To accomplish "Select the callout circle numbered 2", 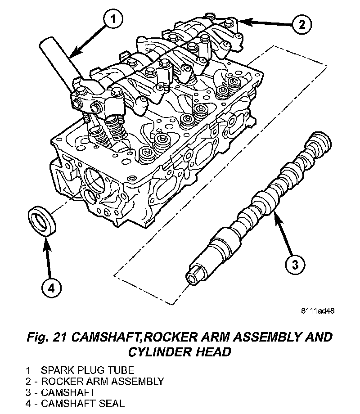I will [301, 23].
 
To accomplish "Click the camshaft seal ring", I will [42, 220].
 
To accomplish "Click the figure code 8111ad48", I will [318, 310].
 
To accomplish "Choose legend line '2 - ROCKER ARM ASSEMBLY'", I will [94, 381].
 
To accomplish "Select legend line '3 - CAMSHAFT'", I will [60, 392].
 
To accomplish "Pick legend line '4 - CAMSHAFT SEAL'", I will [75, 403].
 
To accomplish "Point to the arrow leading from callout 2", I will [265, 21].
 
